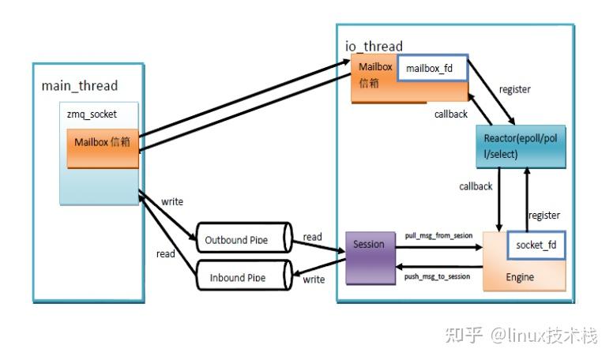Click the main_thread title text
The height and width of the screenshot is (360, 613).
point(79,85)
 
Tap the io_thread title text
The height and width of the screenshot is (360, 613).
point(374,46)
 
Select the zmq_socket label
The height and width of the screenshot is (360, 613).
point(92,114)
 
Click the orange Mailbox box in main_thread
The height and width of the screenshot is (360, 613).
point(103,148)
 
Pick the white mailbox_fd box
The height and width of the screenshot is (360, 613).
point(432,68)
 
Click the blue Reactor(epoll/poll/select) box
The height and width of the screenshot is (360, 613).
point(521,147)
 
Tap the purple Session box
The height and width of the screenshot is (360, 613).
point(370,257)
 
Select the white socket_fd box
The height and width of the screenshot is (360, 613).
point(536,245)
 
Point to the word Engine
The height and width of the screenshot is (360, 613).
point(520,277)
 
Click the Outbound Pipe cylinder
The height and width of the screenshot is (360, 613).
point(244,238)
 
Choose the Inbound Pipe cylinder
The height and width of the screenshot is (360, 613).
point(244,275)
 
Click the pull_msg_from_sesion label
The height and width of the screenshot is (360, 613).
point(438,235)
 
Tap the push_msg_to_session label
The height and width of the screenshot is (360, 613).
point(437,276)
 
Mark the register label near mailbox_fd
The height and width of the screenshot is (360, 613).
point(515,89)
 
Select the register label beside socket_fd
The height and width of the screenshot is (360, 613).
point(544,216)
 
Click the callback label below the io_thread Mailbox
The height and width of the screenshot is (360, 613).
point(451,114)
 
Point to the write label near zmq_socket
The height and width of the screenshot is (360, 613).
point(172,201)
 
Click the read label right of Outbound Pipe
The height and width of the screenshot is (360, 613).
point(312,237)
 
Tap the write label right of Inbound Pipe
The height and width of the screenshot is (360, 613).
point(314,279)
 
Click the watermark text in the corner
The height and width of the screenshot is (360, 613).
point(521,336)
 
